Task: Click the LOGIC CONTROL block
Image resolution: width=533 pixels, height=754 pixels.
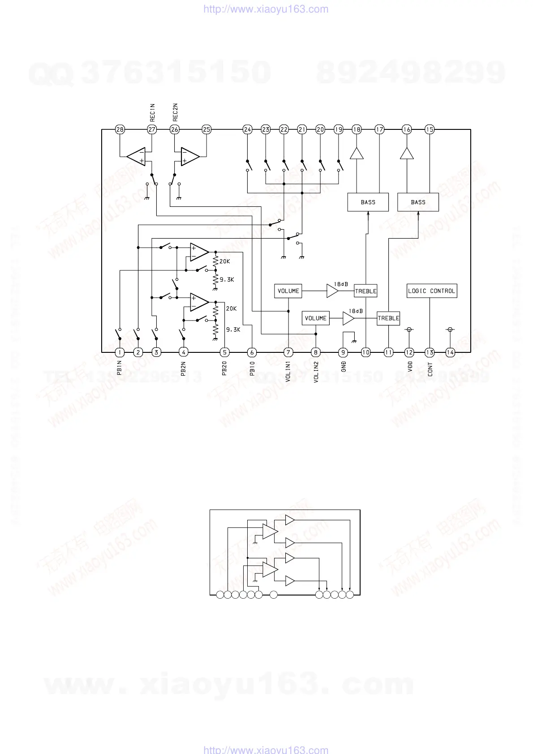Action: (431, 291)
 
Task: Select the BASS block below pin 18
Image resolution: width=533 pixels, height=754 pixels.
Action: (368, 202)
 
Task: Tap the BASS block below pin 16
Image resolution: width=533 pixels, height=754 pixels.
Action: (418, 202)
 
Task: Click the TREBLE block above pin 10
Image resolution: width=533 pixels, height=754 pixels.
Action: (365, 291)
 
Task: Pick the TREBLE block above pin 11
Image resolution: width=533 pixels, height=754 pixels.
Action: (388, 318)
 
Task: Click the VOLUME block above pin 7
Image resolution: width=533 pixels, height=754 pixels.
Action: (288, 291)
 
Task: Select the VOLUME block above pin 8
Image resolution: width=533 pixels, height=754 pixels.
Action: (315, 318)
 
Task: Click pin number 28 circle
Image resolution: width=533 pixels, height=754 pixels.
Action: (120, 129)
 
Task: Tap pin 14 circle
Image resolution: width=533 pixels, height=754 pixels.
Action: (450, 352)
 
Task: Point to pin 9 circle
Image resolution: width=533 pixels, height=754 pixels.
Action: (343, 352)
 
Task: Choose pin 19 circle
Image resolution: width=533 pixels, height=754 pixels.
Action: (338, 129)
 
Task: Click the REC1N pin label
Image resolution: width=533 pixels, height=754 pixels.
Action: (152, 113)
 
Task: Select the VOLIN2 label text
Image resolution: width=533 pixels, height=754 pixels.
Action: (316, 372)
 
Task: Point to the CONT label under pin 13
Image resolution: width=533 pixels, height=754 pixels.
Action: (430, 369)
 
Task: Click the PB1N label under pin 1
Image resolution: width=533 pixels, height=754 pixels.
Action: (120, 368)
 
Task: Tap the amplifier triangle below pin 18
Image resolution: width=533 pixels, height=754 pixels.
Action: (357, 154)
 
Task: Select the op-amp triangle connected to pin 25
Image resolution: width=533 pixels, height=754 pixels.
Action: (189, 156)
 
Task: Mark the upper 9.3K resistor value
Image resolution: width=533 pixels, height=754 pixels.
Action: (227, 280)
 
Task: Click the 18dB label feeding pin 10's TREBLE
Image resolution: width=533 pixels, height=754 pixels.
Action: (341, 284)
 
